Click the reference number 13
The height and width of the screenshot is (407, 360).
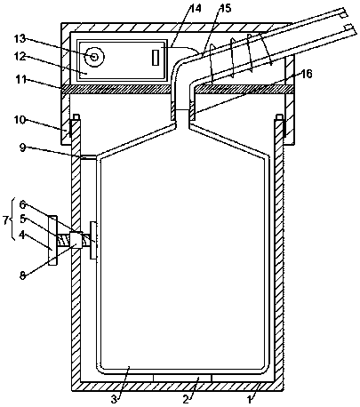pyautogui.click(x=20, y=39)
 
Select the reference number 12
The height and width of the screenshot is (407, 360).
pyautogui.click(x=20, y=56)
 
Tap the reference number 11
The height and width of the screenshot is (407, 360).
pyautogui.click(x=20, y=80)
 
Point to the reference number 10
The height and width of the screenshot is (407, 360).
pyautogui.click(x=20, y=120)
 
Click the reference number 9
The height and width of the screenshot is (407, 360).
pyautogui.click(x=23, y=148)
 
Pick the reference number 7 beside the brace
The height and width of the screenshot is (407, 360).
pyautogui.click(x=6, y=220)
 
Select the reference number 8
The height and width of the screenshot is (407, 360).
pyautogui.click(x=23, y=275)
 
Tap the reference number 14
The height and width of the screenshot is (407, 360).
pyautogui.click(x=196, y=8)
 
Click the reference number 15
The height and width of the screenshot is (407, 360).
pyautogui.click(x=225, y=8)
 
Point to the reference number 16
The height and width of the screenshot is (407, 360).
pyautogui.click(x=307, y=74)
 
